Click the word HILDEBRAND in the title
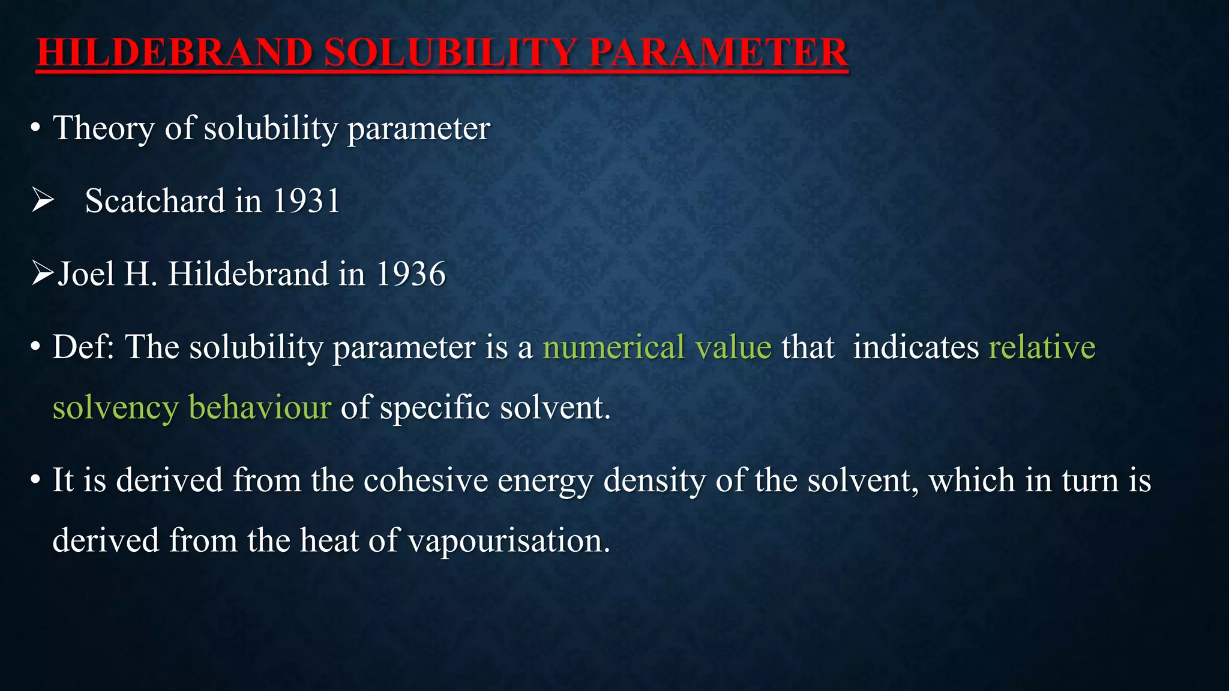pos(175,52)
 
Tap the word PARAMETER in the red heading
pos(718,52)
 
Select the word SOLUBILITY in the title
pos(451,52)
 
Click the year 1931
pos(307,201)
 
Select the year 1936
pos(411,274)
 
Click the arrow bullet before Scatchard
pos(43,200)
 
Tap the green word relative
pos(1042,347)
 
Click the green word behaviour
pos(260,408)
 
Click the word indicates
pos(915,347)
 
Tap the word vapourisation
pos(509,541)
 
